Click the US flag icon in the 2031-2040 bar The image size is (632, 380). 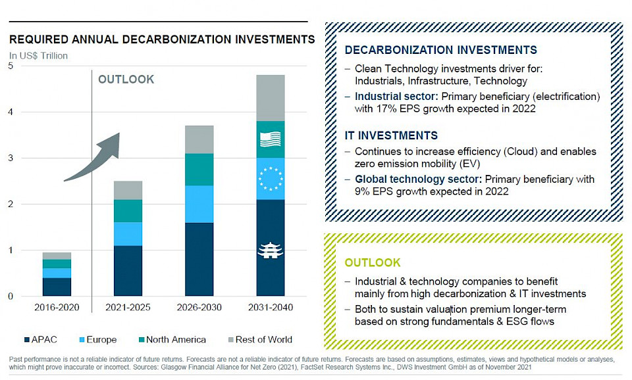click(x=270, y=139)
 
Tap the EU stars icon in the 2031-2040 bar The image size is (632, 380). click(x=270, y=178)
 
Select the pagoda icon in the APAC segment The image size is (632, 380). click(x=270, y=250)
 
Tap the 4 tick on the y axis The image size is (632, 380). click(x=11, y=112)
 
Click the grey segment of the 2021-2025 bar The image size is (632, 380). click(x=128, y=190)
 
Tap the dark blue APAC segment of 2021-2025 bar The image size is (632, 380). click(x=128, y=270)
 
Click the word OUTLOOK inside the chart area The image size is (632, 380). click(x=126, y=80)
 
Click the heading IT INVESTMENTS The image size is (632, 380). click(x=391, y=135)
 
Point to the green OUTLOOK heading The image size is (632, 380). click(x=372, y=262)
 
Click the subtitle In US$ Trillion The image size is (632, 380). click(x=38, y=56)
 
